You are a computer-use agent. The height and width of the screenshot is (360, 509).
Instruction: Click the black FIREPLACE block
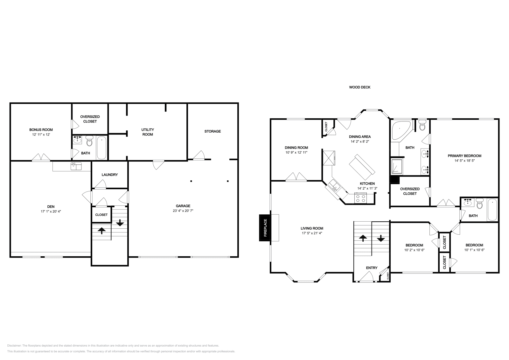click(265, 228)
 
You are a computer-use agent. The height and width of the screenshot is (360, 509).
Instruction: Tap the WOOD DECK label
click(359, 87)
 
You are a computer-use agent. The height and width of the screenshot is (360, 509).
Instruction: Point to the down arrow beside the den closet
click(120, 223)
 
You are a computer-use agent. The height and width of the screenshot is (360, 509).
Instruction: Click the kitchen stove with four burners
click(360, 199)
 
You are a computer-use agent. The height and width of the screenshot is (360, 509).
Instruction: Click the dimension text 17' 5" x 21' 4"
click(312, 233)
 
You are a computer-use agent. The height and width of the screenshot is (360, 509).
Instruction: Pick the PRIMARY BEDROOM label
click(464, 156)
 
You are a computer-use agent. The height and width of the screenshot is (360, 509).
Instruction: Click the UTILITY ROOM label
click(148, 132)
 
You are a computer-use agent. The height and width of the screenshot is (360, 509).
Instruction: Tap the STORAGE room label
click(212, 131)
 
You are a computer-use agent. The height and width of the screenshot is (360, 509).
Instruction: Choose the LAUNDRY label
click(110, 175)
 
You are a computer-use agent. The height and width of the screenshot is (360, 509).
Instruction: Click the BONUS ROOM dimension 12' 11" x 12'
click(41, 135)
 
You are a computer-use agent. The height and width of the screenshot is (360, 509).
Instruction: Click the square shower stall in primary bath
click(397, 167)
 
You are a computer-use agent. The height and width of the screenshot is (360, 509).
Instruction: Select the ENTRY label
click(372, 268)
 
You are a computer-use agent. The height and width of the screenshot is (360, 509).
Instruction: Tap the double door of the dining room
click(296, 177)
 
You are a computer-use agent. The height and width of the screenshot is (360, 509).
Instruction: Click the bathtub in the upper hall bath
click(492, 210)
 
